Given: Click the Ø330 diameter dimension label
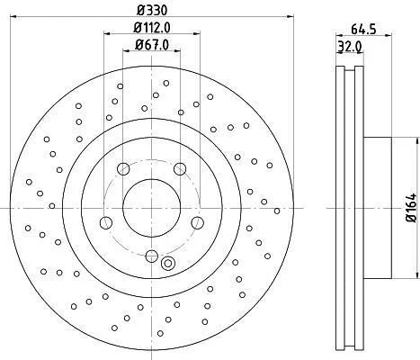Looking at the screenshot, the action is (152, 11).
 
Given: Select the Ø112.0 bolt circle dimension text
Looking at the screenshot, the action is (152, 28).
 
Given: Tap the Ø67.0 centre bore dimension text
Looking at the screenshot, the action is (152, 45).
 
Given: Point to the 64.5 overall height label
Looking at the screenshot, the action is (363, 29).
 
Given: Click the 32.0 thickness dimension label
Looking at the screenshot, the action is (350, 47).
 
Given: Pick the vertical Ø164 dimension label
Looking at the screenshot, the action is (412, 208).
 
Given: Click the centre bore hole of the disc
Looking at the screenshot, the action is (152, 208).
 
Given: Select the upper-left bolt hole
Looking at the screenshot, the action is (123, 169).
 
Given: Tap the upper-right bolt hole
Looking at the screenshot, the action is (180, 169).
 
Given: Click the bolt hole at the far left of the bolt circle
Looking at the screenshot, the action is (106, 223).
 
